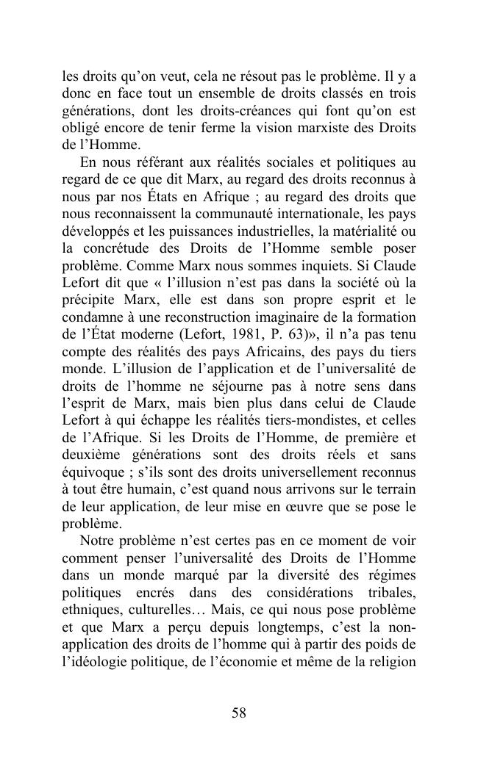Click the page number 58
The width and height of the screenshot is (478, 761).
(239, 713)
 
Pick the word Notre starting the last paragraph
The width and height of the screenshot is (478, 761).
(99, 540)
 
